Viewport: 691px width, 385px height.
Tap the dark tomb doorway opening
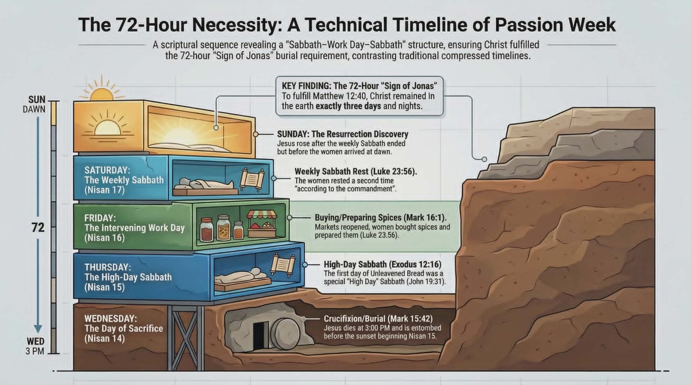point(259,336)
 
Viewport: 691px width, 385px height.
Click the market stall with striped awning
point(262,224)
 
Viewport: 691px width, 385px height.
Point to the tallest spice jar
point(223,228)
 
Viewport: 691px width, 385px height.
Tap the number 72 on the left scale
point(38,228)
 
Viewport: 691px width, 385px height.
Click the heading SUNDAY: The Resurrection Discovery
point(342,134)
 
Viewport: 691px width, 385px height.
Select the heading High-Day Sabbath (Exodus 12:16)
point(383,264)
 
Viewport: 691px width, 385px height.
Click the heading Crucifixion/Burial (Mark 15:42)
point(378,319)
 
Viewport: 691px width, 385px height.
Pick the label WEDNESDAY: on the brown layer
point(111,318)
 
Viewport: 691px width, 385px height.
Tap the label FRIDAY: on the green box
point(100,218)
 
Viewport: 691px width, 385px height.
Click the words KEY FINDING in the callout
point(305,86)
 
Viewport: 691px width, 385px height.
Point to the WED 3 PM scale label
point(35,346)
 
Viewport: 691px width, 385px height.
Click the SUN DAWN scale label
point(34,104)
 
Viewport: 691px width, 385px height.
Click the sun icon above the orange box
point(102,89)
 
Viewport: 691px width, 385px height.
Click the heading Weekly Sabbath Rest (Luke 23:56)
point(356,171)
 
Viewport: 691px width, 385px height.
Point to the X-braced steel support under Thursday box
point(186,338)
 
